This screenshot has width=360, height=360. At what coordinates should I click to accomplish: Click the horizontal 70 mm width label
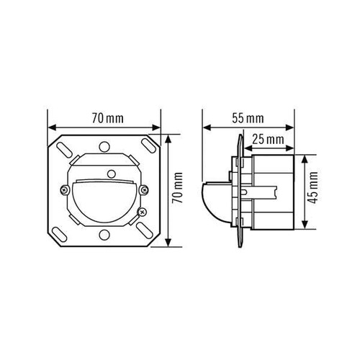(x=108, y=118)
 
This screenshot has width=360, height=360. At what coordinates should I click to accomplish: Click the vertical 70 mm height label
(x=178, y=188)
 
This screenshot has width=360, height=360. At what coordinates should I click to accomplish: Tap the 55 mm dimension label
(x=248, y=118)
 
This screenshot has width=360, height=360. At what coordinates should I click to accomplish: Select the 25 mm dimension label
(x=268, y=139)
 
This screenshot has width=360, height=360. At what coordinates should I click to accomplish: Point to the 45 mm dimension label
(x=313, y=188)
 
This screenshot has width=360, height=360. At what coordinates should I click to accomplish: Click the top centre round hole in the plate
(x=104, y=146)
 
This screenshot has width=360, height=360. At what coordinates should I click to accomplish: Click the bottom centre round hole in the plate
(x=104, y=235)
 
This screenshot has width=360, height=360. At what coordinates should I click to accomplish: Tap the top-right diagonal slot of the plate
(x=148, y=145)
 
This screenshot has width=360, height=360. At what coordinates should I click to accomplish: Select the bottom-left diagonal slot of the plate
(x=60, y=234)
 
